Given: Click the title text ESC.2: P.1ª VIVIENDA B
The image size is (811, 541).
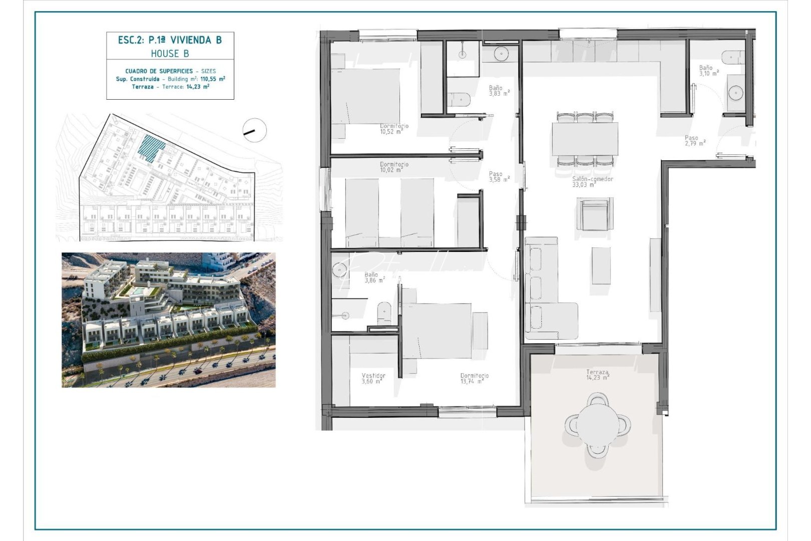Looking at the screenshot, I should click(x=170, y=40).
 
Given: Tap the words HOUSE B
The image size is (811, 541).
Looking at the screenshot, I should click(x=170, y=54).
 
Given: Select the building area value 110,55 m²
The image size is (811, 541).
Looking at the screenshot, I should click(x=213, y=79).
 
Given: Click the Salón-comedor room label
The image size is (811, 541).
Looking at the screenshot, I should click(x=592, y=181).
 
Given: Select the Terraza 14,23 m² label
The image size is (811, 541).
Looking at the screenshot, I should click(x=597, y=375).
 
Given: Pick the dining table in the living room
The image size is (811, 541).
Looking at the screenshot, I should click(x=585, y=139).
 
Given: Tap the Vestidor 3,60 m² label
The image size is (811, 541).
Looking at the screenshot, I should click(x=373, y=378).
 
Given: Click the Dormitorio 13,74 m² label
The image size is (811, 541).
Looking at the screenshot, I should click(x=474, y=378).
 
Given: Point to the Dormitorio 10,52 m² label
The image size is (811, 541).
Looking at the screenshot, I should click(x=394, y=129).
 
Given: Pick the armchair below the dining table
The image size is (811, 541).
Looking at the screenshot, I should click(x=594, y=214).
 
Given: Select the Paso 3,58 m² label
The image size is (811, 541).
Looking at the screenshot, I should click(x=499, y=177).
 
